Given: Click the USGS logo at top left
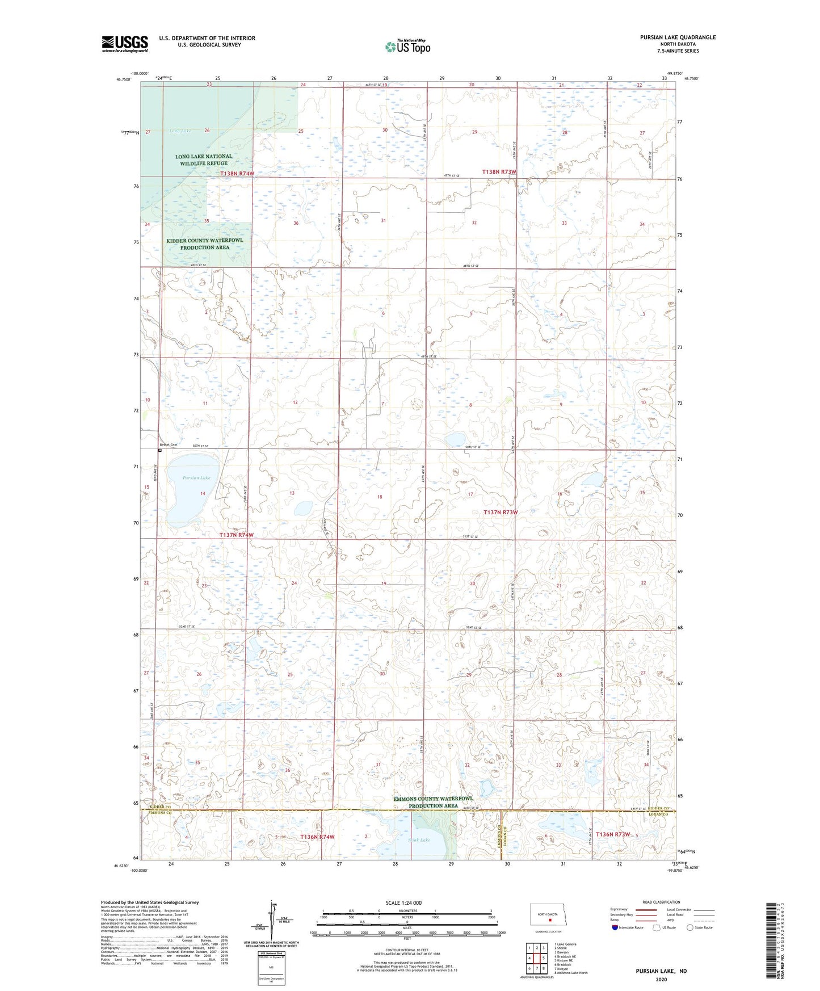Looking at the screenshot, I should (124, 44).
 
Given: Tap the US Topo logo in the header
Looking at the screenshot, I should (407, 47).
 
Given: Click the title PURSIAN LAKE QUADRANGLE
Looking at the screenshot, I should (678, 37).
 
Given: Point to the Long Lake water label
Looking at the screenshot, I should (180, 131).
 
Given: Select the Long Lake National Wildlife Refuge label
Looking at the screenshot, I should (204, 159).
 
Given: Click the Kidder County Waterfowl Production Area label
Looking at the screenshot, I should (205, 243).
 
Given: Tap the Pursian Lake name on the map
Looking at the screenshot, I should (196, 478).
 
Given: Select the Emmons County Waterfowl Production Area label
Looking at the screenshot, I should (433, 802).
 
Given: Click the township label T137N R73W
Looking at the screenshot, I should (501, 512).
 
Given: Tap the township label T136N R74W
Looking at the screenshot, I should (317, 837).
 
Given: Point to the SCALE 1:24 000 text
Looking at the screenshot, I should (403, 902).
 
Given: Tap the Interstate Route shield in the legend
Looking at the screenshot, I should (615, 927).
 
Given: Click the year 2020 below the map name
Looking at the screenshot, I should (661, 979).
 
